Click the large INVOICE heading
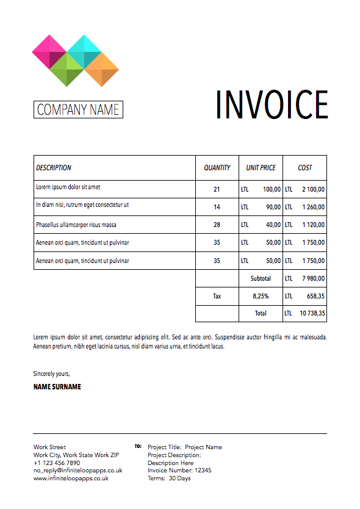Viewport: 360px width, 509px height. (x=272, y=104)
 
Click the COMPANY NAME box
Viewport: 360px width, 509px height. (x=78, y=110)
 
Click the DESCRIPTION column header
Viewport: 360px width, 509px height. (x=54, y=168)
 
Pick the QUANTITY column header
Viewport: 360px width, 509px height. (x=217, y=168)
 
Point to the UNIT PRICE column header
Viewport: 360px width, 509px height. (x=261, y=168)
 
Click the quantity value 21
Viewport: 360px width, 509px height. (x=217, y=189)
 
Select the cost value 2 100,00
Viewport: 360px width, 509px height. (x=313, y=189)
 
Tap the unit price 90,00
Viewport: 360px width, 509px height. (x=272, y=207)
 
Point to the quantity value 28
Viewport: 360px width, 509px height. (x=217, y=225)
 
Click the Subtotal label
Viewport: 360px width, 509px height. (x=261, y=278)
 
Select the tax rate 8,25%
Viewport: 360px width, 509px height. (x=261, y=296)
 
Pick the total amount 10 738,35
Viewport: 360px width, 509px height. (x=312, y=314)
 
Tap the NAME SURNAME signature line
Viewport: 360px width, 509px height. (x=57, y=387)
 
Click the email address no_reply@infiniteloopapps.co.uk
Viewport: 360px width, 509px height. (x=77, y=471)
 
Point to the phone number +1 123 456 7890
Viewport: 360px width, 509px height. (x=57, y=463)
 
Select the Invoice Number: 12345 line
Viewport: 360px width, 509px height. (x=179, y=471)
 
